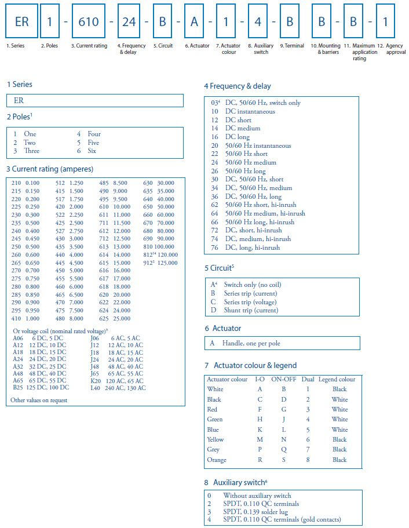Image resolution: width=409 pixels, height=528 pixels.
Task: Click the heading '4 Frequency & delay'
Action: coord(237,86)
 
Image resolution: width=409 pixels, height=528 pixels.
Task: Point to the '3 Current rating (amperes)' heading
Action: coord(50,169)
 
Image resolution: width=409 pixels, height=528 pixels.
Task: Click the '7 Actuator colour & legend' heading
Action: coord(250,366)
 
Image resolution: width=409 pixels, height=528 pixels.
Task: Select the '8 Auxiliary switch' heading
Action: coord(235,482)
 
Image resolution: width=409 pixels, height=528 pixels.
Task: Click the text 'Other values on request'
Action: coord(39,400)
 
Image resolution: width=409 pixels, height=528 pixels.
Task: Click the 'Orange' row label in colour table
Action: coord(217,460)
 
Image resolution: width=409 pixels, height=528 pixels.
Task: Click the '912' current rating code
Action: coord(148,263)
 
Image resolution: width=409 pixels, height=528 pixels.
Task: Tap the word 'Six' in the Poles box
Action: coord(93,151)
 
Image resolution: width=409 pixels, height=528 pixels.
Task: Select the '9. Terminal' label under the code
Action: coord(292,46)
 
